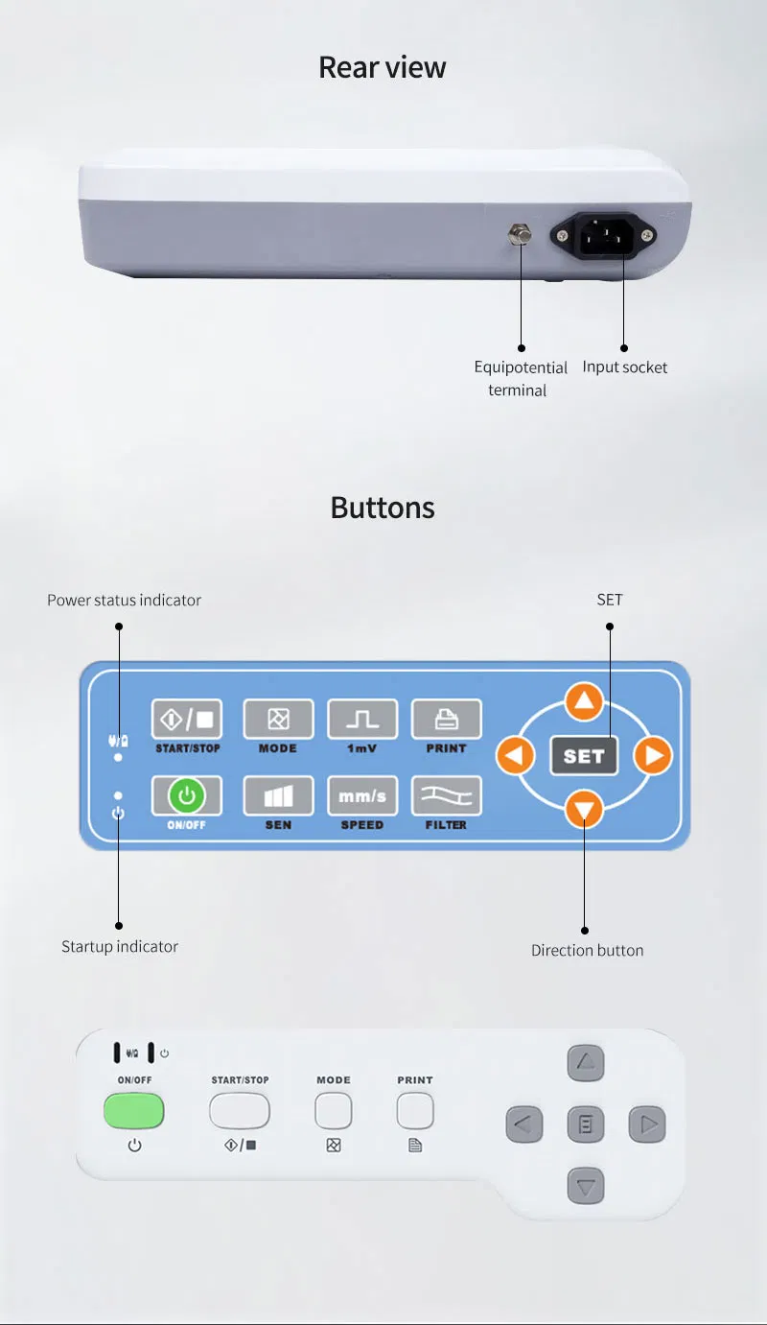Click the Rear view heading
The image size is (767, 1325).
[383, 67]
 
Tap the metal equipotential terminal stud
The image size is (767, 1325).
[520, 234]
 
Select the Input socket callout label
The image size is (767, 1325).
[624, 367]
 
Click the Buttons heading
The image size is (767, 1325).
[383, 508]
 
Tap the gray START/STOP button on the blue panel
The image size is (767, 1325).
[187, 719]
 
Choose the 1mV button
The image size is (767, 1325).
[362, 719]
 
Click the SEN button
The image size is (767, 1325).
[278, 795]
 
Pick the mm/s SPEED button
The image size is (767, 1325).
[362, 795]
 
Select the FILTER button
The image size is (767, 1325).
[446, 795]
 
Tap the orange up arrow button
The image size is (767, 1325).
[585, 701]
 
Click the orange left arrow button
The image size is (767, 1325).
[515, 755]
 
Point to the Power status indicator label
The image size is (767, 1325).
[124, 601]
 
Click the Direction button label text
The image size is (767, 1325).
[588, 951]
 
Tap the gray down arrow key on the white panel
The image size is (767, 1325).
[586, 1186]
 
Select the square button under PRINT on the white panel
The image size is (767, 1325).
[415, 1111]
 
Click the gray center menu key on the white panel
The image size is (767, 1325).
[586, 1124]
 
